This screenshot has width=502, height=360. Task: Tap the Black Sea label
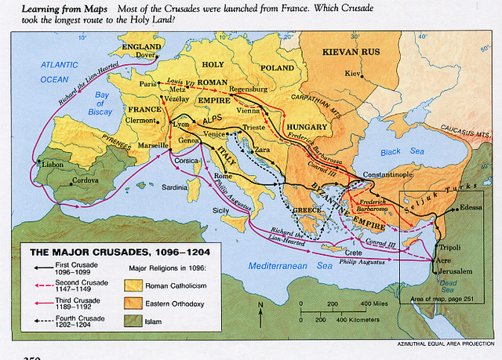(x=391, y=151)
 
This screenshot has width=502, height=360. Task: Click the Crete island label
(x=352, y=252)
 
